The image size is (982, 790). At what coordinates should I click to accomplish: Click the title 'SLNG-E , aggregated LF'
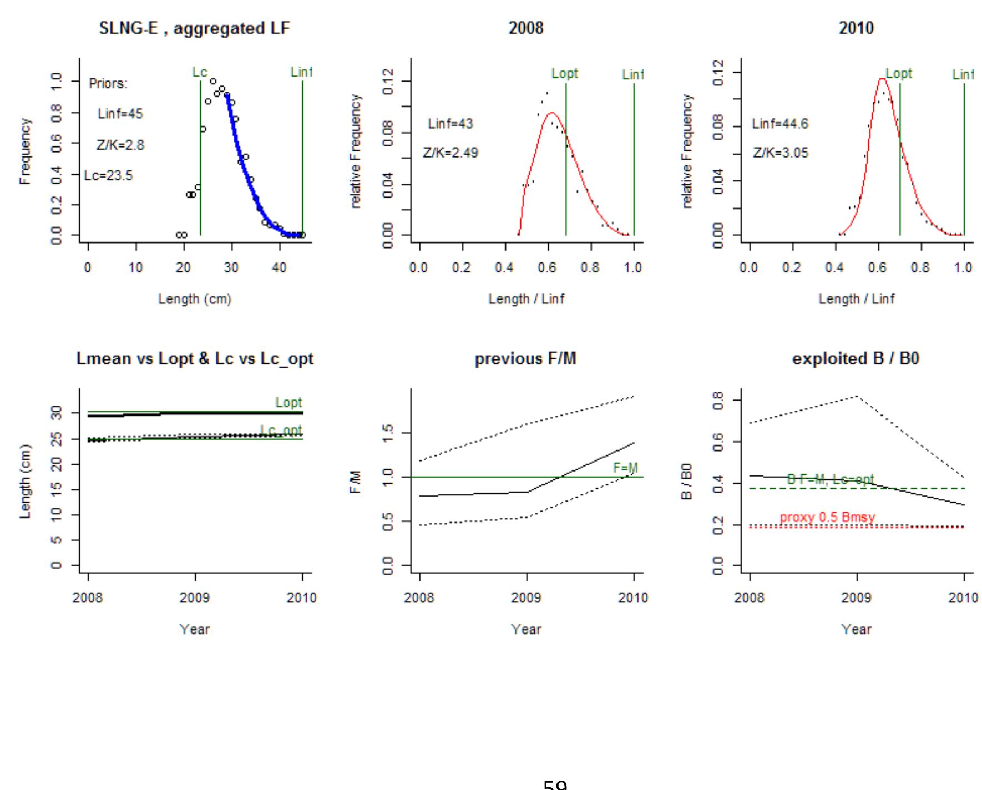(194, 28)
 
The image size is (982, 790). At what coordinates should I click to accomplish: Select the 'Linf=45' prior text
(120, 114)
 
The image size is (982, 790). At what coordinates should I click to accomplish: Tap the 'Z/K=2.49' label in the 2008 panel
(450, 153)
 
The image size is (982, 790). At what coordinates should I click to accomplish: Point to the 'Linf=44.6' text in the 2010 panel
(780, 124)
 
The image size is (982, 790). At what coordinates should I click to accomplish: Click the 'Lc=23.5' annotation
(109, 176)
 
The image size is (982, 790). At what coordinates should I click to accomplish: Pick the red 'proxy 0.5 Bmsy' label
(827, 518)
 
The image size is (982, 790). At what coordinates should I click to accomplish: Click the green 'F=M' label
(625, 468)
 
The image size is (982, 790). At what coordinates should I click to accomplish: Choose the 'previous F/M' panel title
(525, 359)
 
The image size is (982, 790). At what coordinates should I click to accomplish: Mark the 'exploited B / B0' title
(856, 359)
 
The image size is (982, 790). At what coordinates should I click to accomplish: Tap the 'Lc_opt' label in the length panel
(281, 430)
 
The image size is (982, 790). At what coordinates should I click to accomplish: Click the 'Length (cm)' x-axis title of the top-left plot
(195, 299)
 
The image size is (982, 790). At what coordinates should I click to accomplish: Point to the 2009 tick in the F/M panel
(526, 597)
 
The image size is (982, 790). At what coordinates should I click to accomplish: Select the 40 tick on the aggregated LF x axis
(279, 267)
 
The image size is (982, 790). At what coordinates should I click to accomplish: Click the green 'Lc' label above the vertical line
(200, 72)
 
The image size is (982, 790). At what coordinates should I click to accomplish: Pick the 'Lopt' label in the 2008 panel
(565, 73)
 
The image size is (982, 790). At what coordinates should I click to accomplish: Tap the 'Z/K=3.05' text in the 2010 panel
(781, 153)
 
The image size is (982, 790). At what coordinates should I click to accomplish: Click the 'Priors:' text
(108, 84)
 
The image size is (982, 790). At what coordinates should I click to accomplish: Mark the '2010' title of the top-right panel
(856, 28)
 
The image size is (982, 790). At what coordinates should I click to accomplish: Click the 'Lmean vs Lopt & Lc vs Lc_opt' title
(195, 359)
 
